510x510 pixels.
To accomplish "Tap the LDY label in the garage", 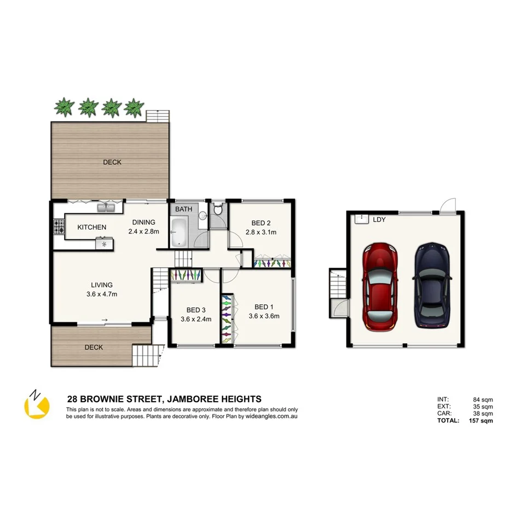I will [379, 219].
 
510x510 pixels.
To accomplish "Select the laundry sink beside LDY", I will [361, 219].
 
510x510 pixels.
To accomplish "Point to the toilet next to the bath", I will [218, 209].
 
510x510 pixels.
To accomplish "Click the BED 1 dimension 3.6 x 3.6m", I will [264, 316].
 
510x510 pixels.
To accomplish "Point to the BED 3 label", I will [196, 310].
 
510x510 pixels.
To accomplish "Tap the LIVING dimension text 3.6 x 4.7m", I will [102, 294].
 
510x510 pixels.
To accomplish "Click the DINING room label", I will [143, 222].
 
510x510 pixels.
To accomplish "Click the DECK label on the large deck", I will [112, 162].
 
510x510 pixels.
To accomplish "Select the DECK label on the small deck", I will [93, 347].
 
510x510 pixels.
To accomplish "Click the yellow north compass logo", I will [37, 405].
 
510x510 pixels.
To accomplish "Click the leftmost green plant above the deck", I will [65, 107].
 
